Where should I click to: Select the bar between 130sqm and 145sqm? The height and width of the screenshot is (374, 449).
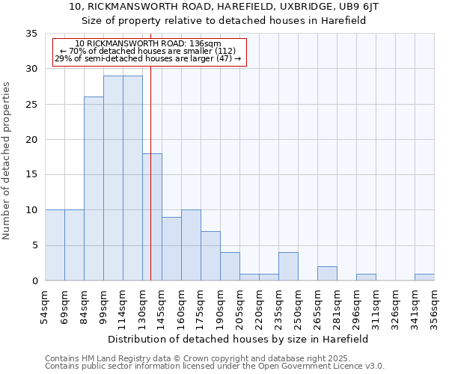[x=152, y=217]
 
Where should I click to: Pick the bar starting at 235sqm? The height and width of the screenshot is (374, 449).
[x=288, y=266]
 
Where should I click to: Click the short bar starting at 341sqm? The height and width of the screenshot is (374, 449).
[x=424, y=277]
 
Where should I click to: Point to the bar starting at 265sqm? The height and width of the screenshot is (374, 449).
[x=327, y=273]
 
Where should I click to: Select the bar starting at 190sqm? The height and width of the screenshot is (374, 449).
[x=230, y=266]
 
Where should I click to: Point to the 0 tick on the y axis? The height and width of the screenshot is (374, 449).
[x=34, y=280]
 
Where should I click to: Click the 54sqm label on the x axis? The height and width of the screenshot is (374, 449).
[x=45, y=307]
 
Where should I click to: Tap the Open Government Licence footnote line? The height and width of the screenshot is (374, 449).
[x=214, y=367]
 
